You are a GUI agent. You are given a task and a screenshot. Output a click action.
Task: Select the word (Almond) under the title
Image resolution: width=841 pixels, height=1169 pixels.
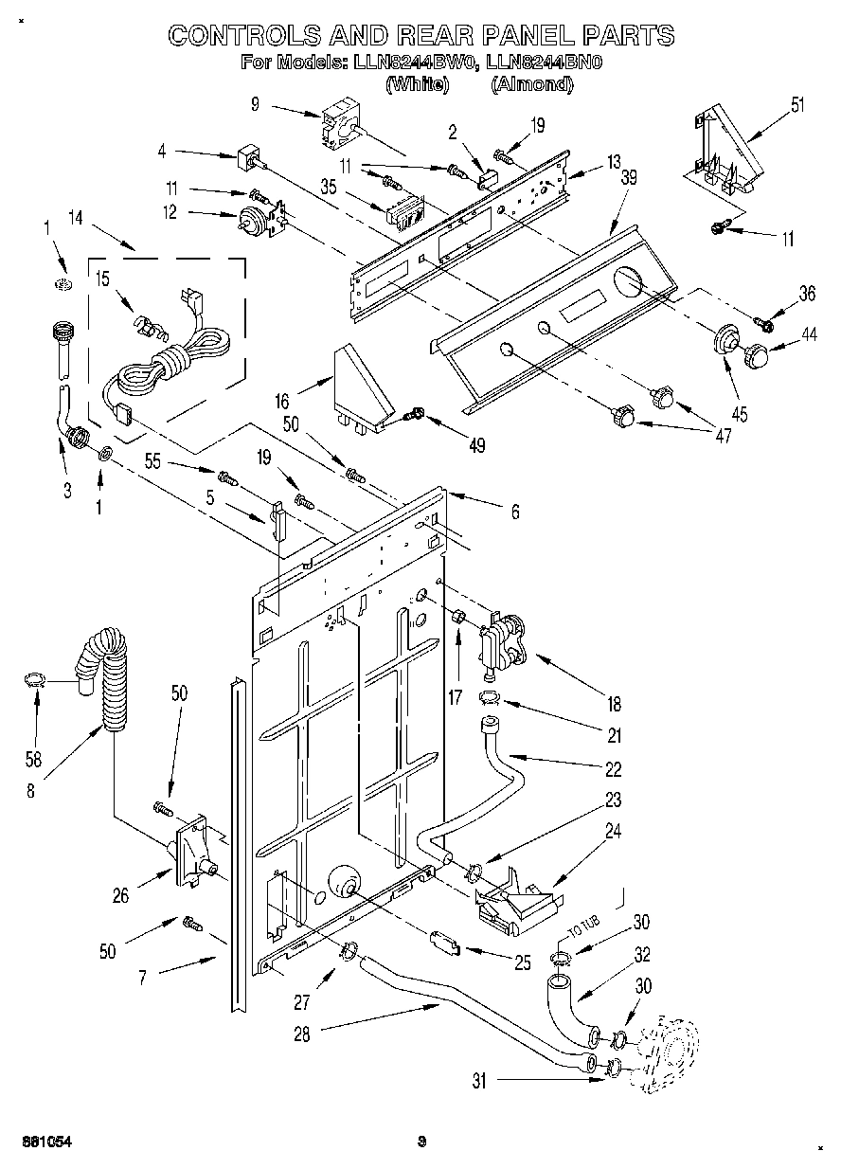coord(532,83)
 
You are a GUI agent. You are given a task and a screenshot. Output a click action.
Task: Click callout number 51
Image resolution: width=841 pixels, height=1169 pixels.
coord(796,104)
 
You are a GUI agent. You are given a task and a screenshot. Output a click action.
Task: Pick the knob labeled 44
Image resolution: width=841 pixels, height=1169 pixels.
coord(758,357)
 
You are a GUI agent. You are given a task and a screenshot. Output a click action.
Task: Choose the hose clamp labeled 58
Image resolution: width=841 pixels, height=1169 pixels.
coord(35,679)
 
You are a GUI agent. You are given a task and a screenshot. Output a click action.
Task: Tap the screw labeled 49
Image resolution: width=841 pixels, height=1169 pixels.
coord(415,414)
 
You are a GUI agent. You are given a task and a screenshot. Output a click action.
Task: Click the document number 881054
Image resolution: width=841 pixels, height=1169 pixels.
coord(44,1141)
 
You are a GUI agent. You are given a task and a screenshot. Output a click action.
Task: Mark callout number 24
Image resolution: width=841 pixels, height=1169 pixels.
coord(613,833)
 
